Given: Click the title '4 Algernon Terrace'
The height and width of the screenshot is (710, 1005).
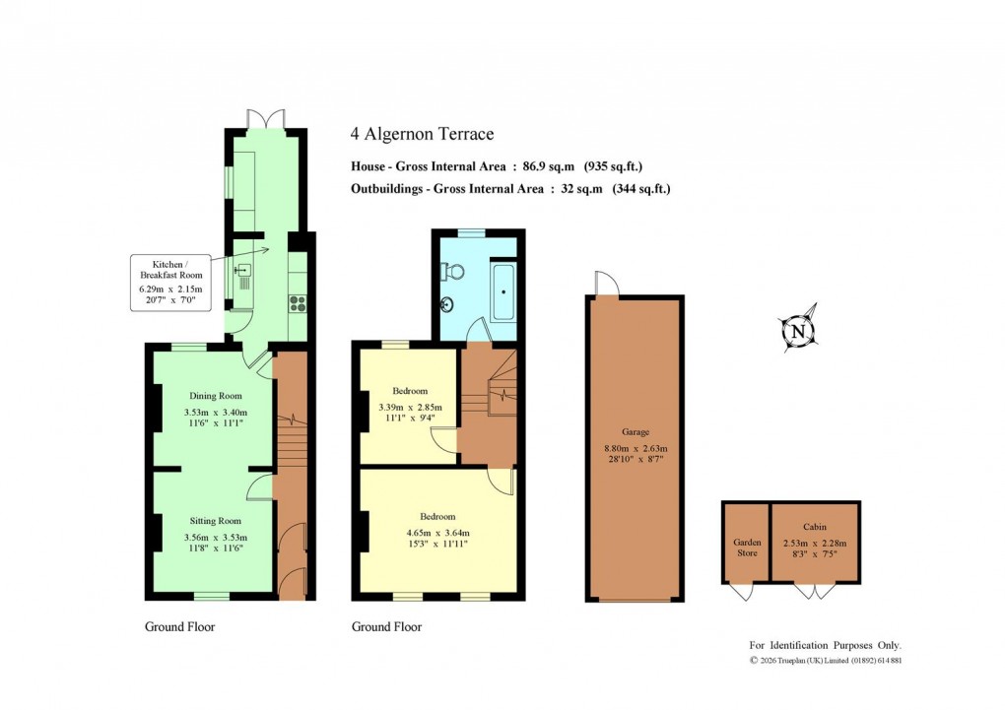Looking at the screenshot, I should coord(423,134).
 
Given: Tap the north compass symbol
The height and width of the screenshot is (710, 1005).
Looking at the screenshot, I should coord(799,332).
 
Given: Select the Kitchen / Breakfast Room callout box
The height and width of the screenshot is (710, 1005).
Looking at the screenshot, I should coord(170,283).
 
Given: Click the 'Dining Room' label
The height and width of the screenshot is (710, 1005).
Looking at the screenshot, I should coord(215,395).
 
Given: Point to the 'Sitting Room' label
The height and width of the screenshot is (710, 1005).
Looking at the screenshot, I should coord(214,521).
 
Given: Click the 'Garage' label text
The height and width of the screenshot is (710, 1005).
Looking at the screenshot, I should coord(635,430).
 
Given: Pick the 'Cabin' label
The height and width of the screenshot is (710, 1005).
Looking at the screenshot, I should coord(814,527).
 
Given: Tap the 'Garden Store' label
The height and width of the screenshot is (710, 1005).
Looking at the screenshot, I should coord(746,548).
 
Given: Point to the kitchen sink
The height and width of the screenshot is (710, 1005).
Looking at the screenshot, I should coord(241,270).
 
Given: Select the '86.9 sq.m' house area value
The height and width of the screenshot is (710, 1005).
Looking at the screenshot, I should coord(550,166).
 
